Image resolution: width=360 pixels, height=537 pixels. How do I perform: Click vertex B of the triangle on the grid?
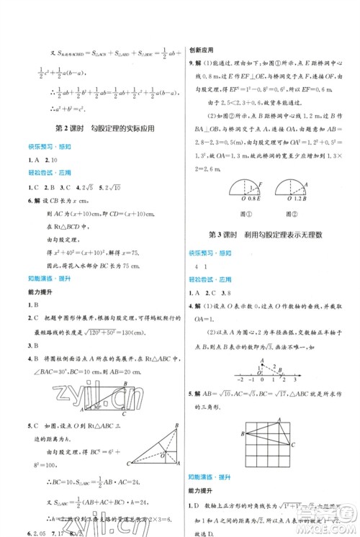[x=243, y=433]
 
